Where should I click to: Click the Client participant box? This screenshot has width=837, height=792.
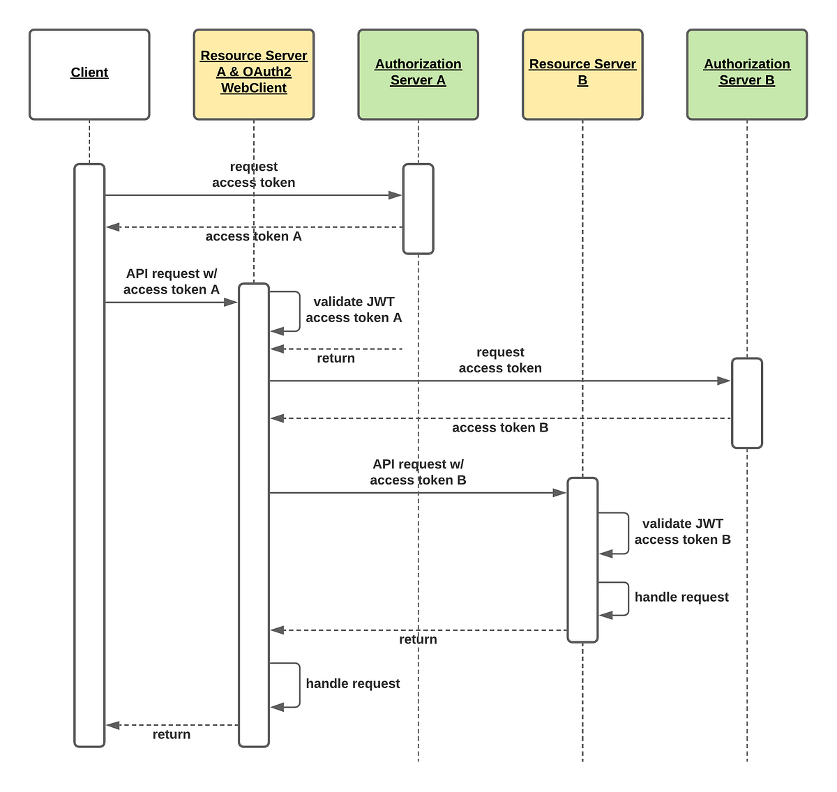(89, 74)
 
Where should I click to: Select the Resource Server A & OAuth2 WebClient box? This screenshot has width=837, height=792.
(254, 74)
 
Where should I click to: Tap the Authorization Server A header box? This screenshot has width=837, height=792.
(418, 74)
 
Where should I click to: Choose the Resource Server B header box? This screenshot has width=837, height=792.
(582, 74)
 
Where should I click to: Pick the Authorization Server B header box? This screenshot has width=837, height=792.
(747, 74)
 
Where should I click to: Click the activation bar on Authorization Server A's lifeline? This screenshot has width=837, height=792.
(418, 208)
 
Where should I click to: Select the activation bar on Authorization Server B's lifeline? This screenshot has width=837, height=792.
(747, 403)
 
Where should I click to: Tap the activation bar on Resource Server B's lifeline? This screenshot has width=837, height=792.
(582, 559)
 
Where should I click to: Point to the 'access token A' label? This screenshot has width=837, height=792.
(253, 237)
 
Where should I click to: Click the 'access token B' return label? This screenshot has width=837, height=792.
(500, 428)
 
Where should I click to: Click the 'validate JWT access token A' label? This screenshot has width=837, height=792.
(354, 310)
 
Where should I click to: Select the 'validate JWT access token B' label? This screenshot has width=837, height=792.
(682, 531)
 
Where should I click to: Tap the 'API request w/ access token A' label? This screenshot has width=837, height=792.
(172, 282)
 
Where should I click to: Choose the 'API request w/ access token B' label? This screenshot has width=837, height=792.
(418, 472)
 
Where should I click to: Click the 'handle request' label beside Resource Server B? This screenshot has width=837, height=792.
(681, 597)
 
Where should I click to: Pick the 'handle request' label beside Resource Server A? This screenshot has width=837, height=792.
(353, 684)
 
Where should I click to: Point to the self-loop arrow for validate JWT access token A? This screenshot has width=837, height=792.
(298, 312)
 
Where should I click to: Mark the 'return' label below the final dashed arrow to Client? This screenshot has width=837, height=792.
(172, 735)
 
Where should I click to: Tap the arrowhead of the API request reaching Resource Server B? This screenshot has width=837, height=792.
(559, 493)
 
